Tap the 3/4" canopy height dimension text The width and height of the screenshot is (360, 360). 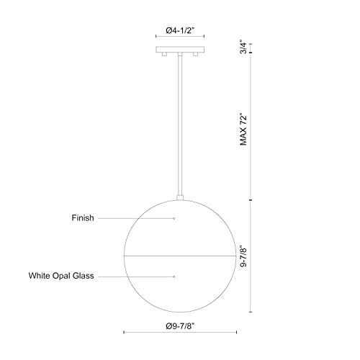coord(244,49)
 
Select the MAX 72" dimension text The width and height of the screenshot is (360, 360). coord(244,127)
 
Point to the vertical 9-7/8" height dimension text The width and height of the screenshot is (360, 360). coord(244,256)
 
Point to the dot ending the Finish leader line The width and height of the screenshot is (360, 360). coord(174,217)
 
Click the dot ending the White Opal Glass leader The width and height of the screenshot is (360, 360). coord(174,276)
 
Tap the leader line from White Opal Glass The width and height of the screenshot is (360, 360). coord(144,276)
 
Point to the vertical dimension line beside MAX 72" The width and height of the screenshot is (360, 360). coord(251,127)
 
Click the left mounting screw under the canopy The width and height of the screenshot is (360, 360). coord(165,55)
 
